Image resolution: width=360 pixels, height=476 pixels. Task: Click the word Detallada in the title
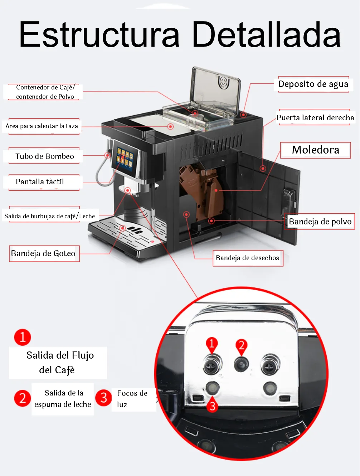266,35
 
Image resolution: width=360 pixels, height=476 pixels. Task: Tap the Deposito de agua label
313,84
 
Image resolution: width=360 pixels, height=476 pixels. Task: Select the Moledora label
315,150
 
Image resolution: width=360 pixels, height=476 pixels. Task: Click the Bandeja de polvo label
320,222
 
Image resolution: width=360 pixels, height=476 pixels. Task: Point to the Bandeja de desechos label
247,258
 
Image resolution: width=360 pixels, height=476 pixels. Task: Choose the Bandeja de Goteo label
43,253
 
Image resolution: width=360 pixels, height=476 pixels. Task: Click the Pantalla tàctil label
40,182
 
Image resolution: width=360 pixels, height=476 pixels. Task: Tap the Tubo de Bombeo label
45,156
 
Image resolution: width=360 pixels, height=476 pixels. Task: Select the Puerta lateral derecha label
315,117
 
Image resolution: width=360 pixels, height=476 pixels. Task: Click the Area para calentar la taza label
42,126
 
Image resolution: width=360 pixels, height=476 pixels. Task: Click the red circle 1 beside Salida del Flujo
23,337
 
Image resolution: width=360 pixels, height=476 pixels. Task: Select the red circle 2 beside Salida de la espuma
23,398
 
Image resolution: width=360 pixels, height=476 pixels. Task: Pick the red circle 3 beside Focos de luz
104,397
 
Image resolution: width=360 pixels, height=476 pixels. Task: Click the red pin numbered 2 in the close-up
242,346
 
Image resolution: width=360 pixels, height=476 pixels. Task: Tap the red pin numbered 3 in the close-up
213,405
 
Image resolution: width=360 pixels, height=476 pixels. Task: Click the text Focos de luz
132,399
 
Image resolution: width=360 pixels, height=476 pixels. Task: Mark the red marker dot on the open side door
263,168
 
